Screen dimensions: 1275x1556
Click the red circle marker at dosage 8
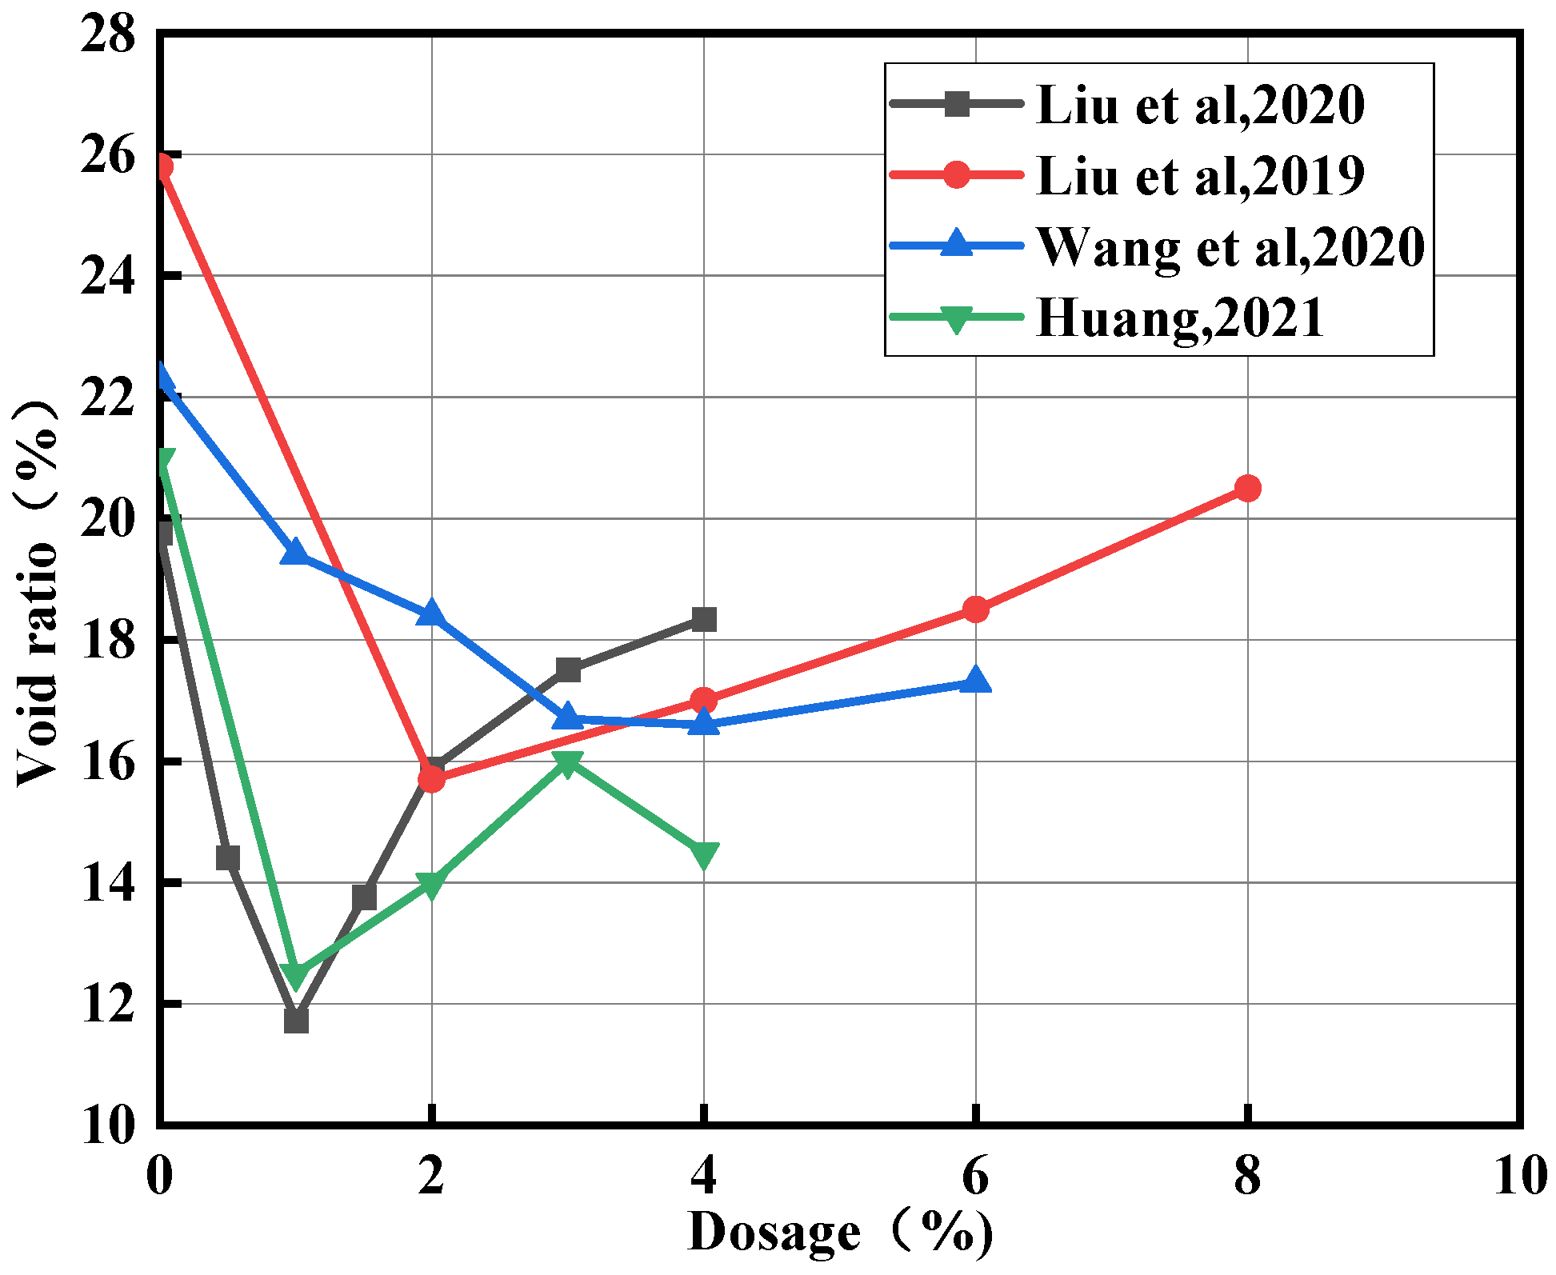(1247, 488)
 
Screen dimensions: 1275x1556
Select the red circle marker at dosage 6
(975, 610)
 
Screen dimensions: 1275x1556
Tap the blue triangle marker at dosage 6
(975, 681)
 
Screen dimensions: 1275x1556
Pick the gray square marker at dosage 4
(703, 619)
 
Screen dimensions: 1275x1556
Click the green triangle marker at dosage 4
(703, 854)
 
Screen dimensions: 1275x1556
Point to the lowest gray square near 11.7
(296, 1021)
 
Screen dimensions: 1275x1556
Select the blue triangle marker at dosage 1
(296, 552)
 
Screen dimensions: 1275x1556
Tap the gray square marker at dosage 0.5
(228, 857)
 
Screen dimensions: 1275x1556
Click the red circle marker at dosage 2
(431, 778)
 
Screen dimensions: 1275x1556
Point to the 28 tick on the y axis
(109, 35)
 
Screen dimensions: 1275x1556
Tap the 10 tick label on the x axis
(1520, 1176)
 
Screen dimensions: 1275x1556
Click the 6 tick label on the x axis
(975, 1176)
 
